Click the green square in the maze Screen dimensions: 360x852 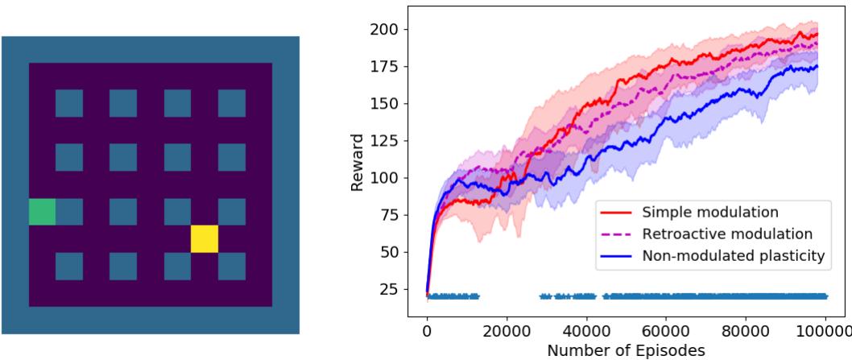(42, 212)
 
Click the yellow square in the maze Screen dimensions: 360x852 (205, 239)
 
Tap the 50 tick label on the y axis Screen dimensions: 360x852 (395, 252)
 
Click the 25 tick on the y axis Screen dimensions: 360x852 (395, 289)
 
